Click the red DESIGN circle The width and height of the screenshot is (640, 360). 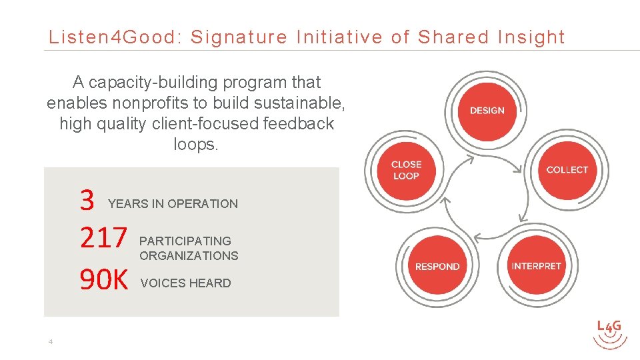click(487, 111)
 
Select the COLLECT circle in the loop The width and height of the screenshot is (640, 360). click(567, 170)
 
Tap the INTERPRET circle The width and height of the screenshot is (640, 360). click(537, 266)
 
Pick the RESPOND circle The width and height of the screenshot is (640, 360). click(437, 267)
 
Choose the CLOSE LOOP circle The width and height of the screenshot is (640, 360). click(406, 170)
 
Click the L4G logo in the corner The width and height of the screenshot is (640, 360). click(609, 333)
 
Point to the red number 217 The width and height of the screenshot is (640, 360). click(103, 238)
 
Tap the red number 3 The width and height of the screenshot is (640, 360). click(87, 200)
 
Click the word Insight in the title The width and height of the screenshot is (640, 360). click(531, 37)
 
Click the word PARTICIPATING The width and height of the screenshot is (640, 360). click(185, 241)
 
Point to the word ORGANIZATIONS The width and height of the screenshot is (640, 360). click(189, 255)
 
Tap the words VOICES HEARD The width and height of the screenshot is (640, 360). click(185, 283)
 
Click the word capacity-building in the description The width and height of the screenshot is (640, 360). click(153, 83)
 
